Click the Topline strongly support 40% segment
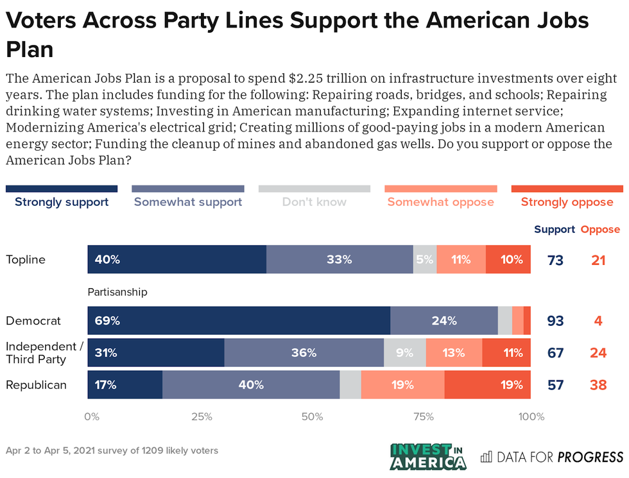click(177, 260)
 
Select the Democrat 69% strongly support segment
click(239, 320)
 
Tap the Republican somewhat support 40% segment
click(251, 385)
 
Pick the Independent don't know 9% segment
click(405, 352)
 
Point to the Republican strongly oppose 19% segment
click(487, 385)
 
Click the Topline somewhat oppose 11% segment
click(461, 260)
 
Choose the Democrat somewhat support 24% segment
click(444, 320)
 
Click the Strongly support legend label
click(62, 202)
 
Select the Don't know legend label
click(314, 202)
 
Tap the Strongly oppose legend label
click(567, 202)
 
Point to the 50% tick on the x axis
click(312, 417)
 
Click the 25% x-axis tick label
click(202, 417)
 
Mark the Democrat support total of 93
click(556, 320)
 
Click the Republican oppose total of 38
click(598, 385)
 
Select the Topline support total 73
click(556, 260)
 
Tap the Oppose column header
click(600, 229)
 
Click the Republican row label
click(36, 385)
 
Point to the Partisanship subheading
click(117, 292)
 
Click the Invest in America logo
click(428, 456)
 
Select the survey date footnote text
click(112, 450)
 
